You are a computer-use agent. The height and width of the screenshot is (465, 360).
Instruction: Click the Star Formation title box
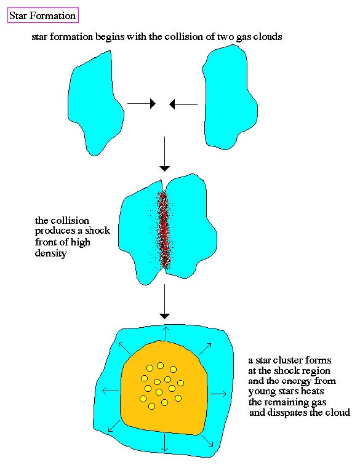[42, 15]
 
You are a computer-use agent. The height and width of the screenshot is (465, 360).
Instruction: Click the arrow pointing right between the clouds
[142, 104]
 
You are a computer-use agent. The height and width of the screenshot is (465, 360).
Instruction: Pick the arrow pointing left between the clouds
[183, 104]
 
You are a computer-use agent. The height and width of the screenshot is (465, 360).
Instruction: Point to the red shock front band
[164, 230]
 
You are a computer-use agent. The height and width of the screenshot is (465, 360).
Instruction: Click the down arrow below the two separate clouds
[164, 154]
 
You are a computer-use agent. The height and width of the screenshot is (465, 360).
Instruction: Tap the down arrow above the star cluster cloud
[164, 301]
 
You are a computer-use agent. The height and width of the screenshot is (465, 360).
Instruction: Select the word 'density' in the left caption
[50, 253]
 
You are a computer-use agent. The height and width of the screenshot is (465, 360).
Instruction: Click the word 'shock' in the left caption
[98, 231]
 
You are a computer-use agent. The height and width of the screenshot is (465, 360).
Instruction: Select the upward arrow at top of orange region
[166, 334]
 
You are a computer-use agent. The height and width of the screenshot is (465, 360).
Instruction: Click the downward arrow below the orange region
[164, 443]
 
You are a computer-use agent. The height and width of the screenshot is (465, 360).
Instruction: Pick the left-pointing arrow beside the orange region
[110, 391]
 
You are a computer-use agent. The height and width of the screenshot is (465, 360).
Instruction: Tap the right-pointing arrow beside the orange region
[218, 394]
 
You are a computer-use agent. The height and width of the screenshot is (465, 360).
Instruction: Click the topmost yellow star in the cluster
[160, 365]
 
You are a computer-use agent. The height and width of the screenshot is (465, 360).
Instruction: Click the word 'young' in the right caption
[261, 392]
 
